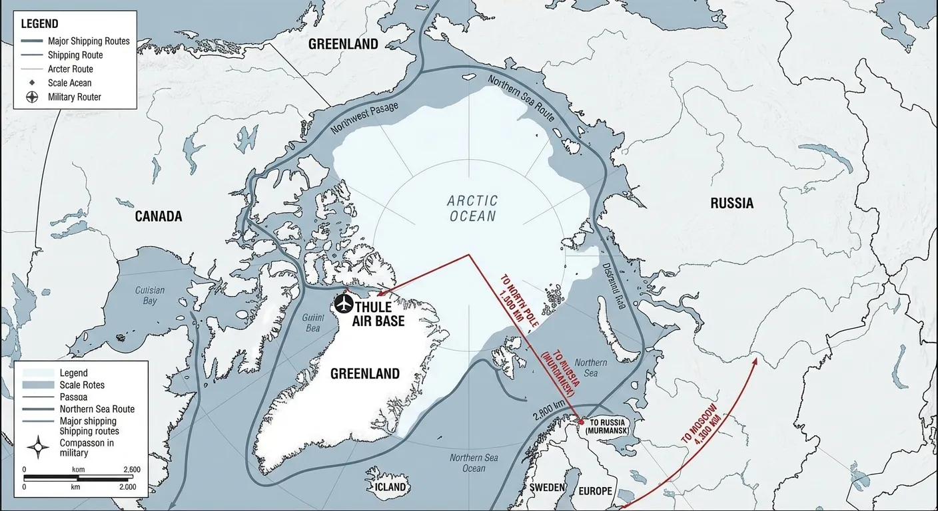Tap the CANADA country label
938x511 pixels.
(159, 217)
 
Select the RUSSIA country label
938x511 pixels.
(731, 204)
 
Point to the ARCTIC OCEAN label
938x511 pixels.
(472, 208)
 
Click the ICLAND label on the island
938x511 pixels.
(390, 487)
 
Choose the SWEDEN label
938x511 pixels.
(548, 488)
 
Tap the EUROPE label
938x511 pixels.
(595, 491)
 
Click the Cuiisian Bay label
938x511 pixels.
(150, 295)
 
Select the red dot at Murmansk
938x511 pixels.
(581, 422)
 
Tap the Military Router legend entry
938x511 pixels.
(74, 97)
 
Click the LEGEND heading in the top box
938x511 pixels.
(39, 24)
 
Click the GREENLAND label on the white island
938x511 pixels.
(365, 374)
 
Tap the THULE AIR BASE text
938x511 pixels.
(380, 314)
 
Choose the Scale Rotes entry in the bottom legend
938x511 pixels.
(81, 385)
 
